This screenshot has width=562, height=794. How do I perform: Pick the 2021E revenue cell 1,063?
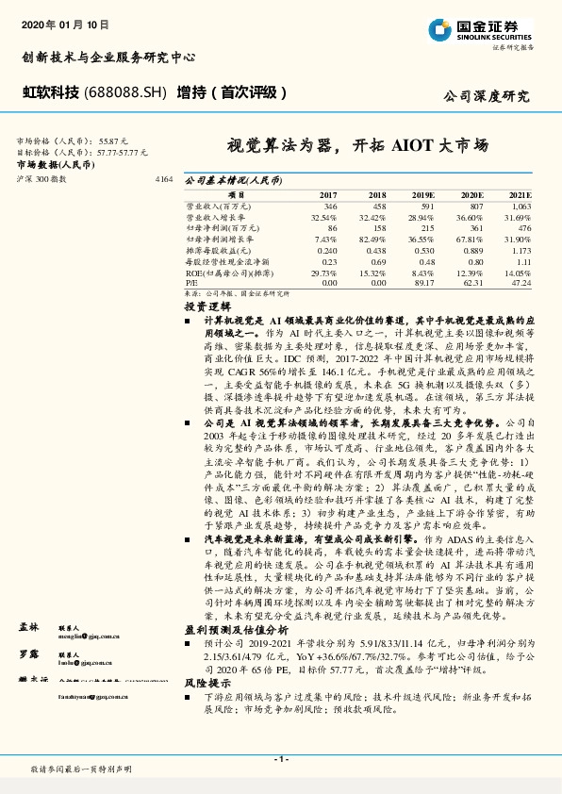[521, 206]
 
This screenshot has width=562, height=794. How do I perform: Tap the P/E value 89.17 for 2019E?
[422, 281]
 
